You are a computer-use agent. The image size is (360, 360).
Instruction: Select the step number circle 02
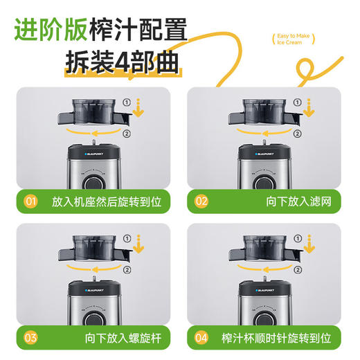[201, 202]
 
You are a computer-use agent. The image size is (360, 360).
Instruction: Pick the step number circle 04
[201, 338]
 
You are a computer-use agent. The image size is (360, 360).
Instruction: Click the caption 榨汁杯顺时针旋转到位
[276, 338]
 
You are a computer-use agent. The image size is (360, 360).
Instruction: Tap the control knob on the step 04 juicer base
[263, 318]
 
